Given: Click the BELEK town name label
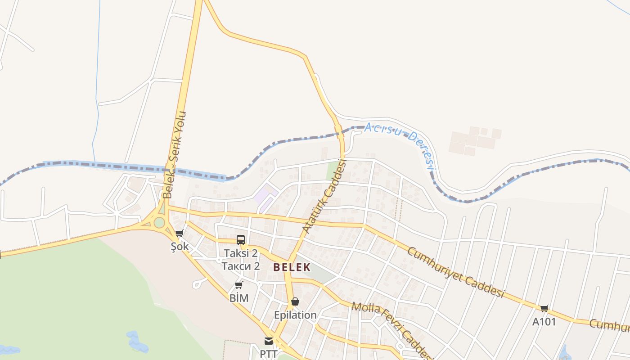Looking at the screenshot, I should click(x=292, y=267).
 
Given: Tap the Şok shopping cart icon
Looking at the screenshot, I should click(x=180, y=233).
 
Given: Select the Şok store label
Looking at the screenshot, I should click(x=180, y=247).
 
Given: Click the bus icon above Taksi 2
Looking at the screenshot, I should click(x=241, y=239).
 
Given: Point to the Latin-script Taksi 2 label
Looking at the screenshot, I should click(x=241, y=253).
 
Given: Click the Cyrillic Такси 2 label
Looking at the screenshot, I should click(x=241, y=266).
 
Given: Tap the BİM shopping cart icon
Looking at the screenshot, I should click(x=239, y=285).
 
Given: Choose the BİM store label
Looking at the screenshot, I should click(x=239, y=298).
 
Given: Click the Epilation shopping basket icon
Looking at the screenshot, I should click(x=295, y=301).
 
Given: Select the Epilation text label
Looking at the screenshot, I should click(x=295, y=315).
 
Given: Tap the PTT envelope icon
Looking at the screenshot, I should click(x=269, y=341).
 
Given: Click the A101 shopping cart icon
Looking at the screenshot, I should click(x=544, y=308).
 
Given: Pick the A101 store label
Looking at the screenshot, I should click(x=544, y=322).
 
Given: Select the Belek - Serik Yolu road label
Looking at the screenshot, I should click(x=174, y=155).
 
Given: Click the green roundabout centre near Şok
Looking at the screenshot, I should click(x=159, y=222).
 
